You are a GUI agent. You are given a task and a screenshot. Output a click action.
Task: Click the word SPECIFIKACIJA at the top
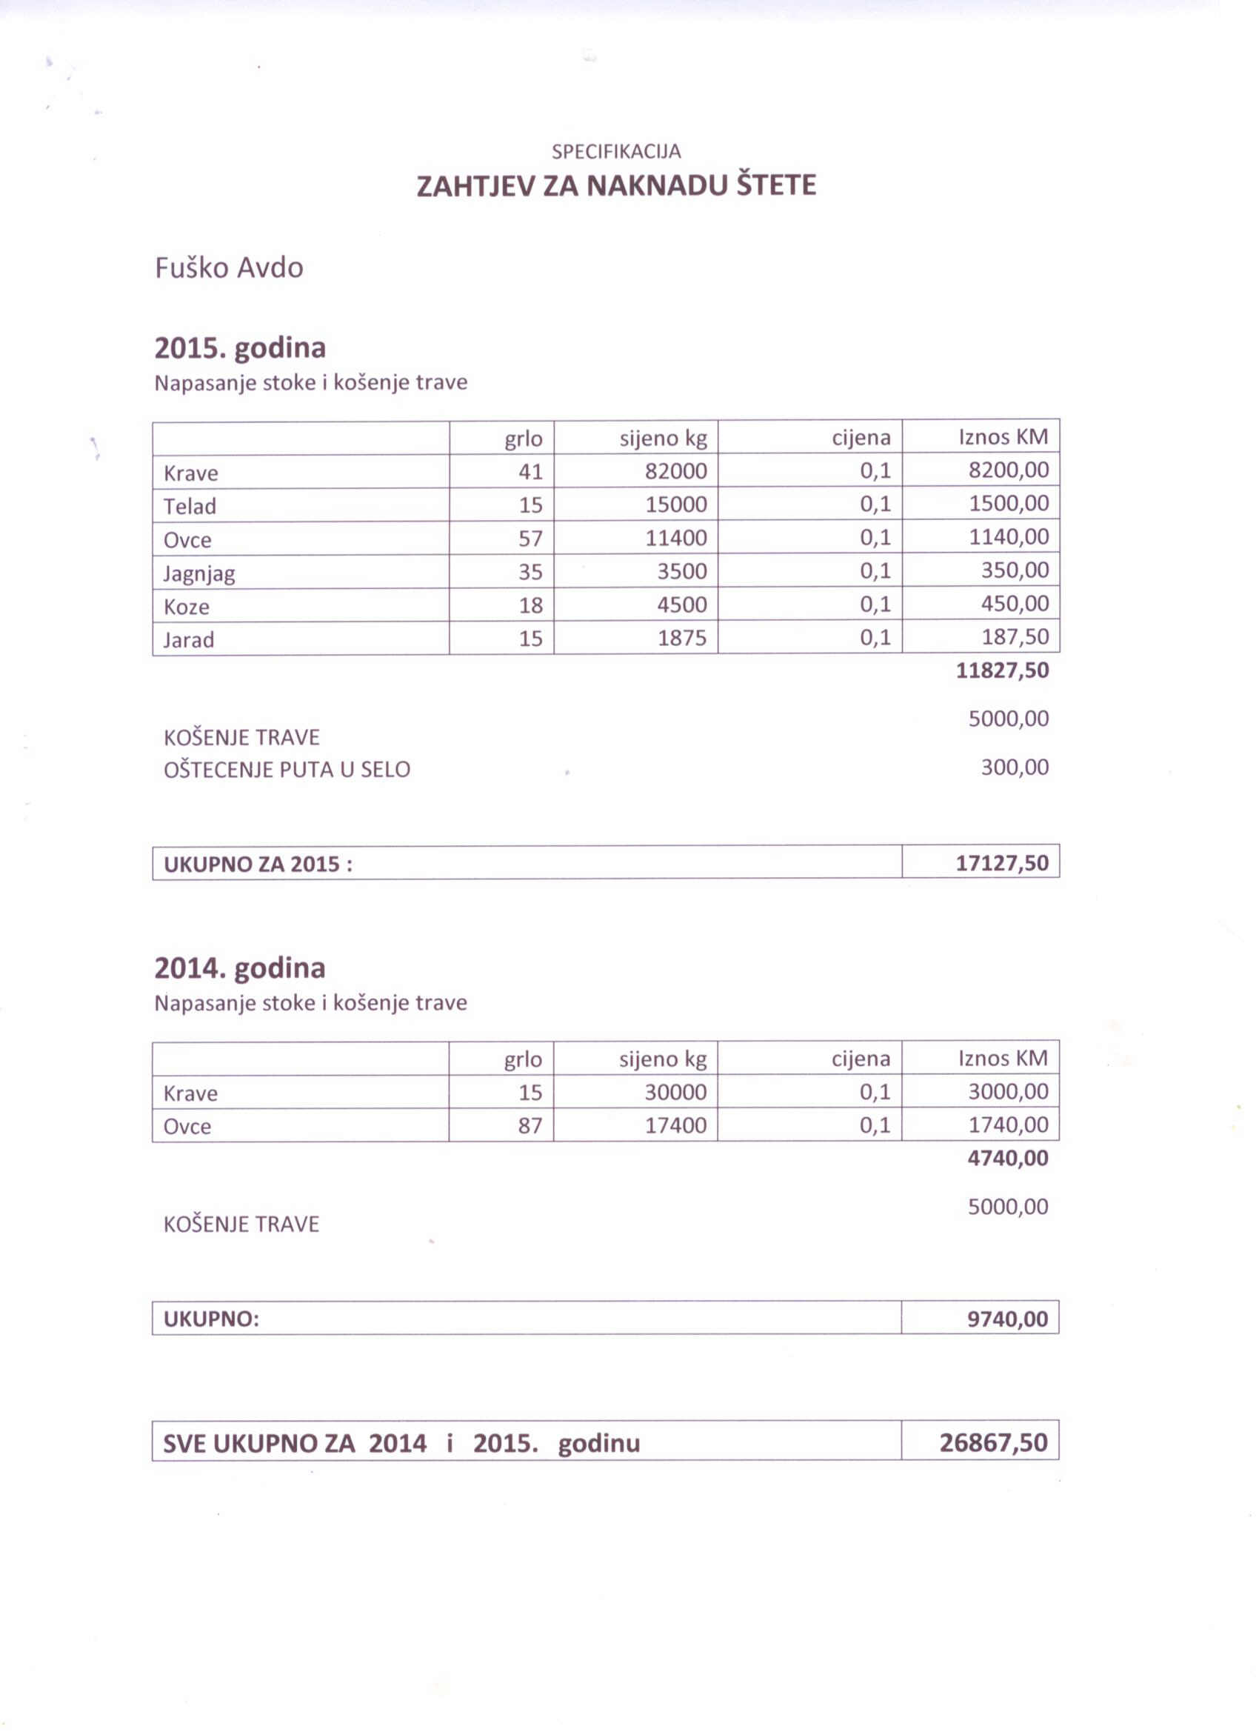pos(615,152)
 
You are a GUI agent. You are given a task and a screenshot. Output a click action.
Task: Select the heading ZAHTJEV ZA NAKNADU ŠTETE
pos(615,185)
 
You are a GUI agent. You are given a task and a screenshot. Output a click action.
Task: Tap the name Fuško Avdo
pos(229,268)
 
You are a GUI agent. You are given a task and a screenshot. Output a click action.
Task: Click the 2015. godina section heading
pos(240,348)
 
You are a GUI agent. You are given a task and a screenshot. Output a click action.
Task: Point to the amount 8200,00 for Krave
pos(1008,470)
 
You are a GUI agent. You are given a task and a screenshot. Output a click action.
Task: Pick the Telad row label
pos(190,506)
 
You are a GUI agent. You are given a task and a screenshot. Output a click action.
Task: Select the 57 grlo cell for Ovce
pos(530,539)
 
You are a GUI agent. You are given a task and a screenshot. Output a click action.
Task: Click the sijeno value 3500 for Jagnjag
pos(682,572)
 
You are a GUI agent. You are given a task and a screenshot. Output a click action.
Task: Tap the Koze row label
pos(187,607)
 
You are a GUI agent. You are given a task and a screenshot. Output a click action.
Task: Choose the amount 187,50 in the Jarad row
pos(1014,637)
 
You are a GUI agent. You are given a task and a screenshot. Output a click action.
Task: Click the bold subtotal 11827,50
pos(1002,671)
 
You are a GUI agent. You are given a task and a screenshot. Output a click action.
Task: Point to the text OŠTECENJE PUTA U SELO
pos(287,770)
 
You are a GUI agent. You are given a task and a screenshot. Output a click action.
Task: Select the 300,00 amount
pos(1014,767)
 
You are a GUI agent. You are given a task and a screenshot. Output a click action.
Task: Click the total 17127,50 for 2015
pos(1002,864)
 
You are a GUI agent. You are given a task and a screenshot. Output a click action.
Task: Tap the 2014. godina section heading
pos(240,968)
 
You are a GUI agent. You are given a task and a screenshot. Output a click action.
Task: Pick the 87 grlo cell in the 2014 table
pos(530,1125)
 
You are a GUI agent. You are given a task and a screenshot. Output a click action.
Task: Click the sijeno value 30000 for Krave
pos(675,1093)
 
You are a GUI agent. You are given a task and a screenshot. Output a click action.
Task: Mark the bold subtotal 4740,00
pos(1007,1159)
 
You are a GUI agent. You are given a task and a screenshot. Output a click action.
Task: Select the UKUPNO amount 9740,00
pos(1007,1319)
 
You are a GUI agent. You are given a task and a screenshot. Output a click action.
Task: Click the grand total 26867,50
pos(993,1442)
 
